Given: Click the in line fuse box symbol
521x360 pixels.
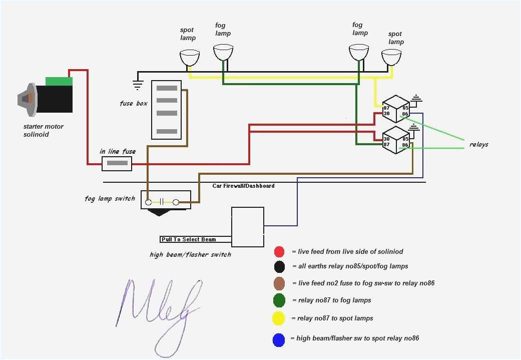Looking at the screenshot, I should (x=117, y=163).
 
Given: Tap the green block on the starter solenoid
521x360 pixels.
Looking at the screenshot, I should (x=59, y=81).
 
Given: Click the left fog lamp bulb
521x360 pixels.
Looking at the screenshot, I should (x=223, y=52).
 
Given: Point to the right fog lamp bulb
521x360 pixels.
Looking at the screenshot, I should (x=359, y=52).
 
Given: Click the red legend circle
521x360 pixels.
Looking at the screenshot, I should (x=279, y=251).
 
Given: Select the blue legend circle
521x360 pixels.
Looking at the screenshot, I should (x=279, y=339).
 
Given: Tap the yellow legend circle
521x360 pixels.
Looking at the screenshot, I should (x=279, y=318).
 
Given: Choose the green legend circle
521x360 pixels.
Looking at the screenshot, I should (x=279, y=300).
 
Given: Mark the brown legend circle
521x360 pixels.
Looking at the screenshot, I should (x=279, y=283).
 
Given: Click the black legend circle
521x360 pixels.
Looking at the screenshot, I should (x=279, y=266).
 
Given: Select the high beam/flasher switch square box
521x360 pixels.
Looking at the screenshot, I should (x=248, y=227).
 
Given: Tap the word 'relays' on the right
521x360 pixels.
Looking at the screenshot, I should (x=478, y=145).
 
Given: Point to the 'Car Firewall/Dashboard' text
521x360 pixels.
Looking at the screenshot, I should (x=243, y=186).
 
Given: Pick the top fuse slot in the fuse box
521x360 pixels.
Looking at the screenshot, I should (x=167, y=88).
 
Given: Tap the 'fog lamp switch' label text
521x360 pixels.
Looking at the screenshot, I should (x=110, y=199).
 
